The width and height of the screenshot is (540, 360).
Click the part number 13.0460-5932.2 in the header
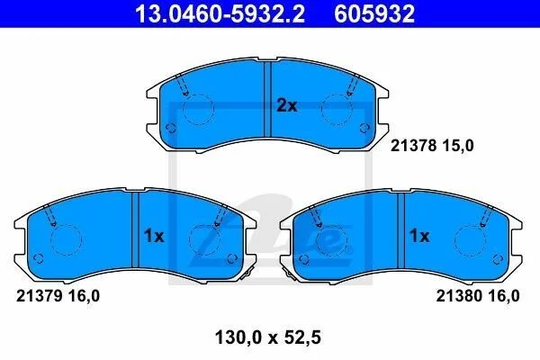click(x=220, y=13)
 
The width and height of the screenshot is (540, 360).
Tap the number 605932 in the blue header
click(x=374, y=13)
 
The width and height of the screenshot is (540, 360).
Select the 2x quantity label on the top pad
click(x=287, y=106)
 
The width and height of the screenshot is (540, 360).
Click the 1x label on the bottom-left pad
click(x=154, y=237)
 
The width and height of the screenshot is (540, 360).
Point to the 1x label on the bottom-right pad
click(x=419, y=236)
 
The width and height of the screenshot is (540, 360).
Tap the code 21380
click(x=459, y=296)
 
